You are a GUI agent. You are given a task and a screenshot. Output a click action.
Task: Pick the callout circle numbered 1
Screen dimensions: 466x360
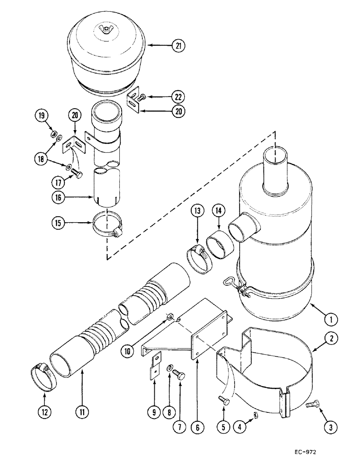[330, 320]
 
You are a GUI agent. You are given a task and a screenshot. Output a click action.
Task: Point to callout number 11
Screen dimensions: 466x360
[82, 412]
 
